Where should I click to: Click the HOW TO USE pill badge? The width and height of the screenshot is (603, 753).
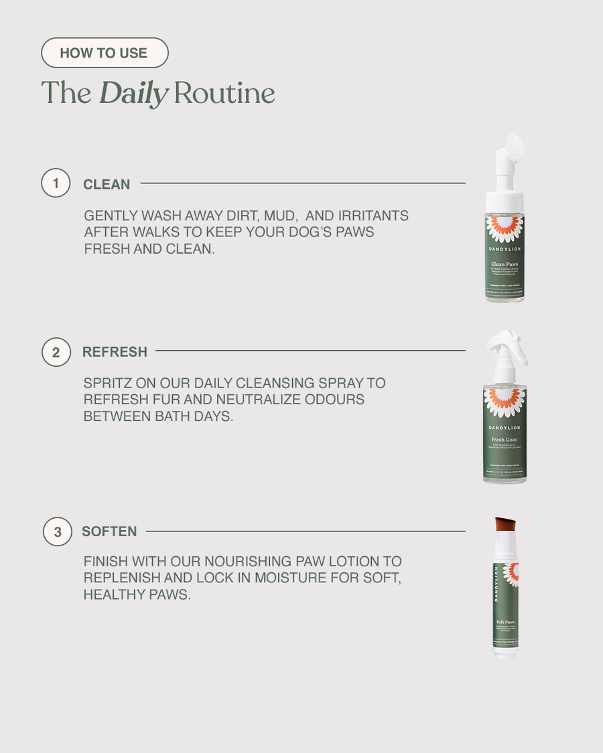[105, 53]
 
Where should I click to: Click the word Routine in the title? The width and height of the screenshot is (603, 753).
[224, 93]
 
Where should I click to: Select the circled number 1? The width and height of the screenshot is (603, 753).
[56, 183]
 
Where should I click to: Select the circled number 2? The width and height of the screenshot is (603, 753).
[56, 352]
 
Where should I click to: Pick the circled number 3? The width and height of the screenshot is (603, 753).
[58, 532]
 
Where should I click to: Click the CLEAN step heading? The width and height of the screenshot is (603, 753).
[107, 184]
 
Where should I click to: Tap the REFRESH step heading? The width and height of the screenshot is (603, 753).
[115, 351]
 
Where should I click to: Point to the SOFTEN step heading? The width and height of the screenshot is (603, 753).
[109, 531]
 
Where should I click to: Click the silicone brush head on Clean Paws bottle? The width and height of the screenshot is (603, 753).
[513, 147]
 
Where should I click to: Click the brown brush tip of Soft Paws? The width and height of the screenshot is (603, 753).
[505, 524]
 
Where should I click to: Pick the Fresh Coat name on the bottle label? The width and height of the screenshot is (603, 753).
[505, 439]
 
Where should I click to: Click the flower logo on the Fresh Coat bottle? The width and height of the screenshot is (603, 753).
[505, 402]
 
